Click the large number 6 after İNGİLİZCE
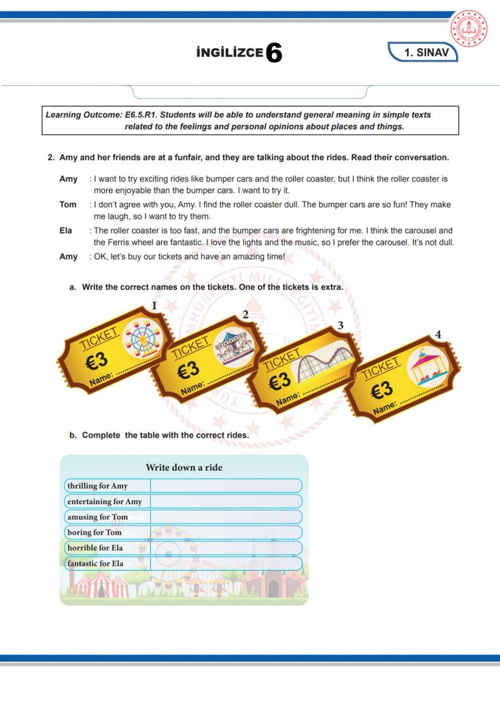coord(274,53)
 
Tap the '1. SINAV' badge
coord(426,53)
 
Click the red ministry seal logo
coord(469,30)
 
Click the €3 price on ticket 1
coord(96,361)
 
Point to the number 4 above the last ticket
coord(438,334)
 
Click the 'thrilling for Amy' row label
coord(98,486)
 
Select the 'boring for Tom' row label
coord(95,533)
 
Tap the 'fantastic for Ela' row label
coord(95,563)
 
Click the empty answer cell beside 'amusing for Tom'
coord(225,517)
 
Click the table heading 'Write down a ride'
coord(184,467)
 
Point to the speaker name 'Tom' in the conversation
coord(68,205)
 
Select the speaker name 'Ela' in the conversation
coord(66,231)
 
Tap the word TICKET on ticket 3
coord(281,359)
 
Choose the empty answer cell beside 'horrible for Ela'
coord(225,548)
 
